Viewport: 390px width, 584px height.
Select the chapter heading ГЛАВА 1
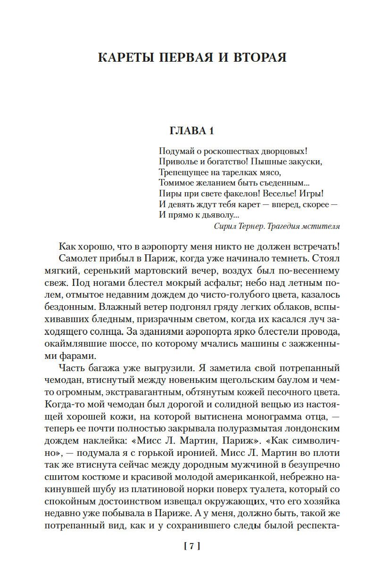click(x=195, y=131)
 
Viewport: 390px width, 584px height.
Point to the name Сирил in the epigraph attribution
click(x=225, y=226)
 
